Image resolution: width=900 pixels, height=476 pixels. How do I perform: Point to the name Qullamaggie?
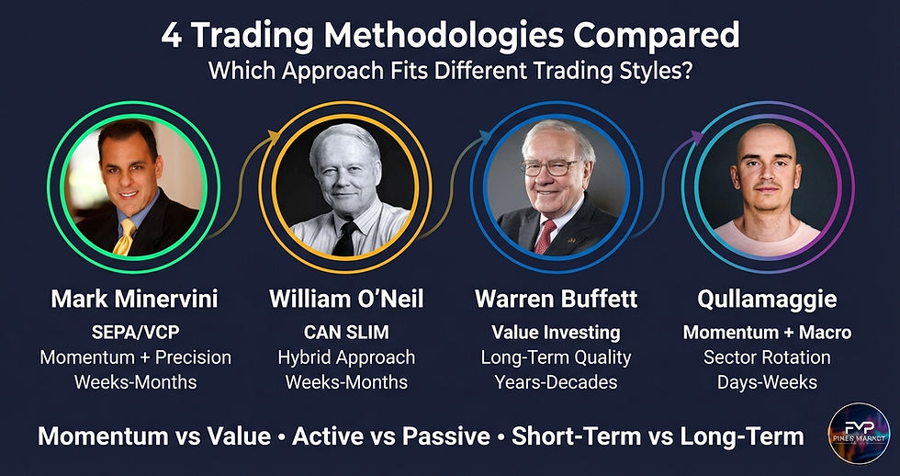(767, 300)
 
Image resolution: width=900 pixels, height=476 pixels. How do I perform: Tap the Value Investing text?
(555, 333)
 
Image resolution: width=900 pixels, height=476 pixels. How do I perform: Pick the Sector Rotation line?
(767, 357)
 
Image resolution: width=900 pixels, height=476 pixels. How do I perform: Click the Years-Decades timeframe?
(555, 380)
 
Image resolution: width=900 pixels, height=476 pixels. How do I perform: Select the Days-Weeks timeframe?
(767, 380)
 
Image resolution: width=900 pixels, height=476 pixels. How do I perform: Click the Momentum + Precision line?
(135, 357)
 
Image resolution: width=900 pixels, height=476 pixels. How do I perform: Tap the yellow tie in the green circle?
(125, 237)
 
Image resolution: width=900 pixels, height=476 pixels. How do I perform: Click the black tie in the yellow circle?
(346, 239)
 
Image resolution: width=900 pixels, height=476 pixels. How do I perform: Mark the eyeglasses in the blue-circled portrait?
(550, 168)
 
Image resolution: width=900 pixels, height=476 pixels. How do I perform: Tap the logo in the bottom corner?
(858, 432)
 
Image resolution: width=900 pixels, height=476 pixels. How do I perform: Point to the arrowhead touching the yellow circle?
(273, 136)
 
